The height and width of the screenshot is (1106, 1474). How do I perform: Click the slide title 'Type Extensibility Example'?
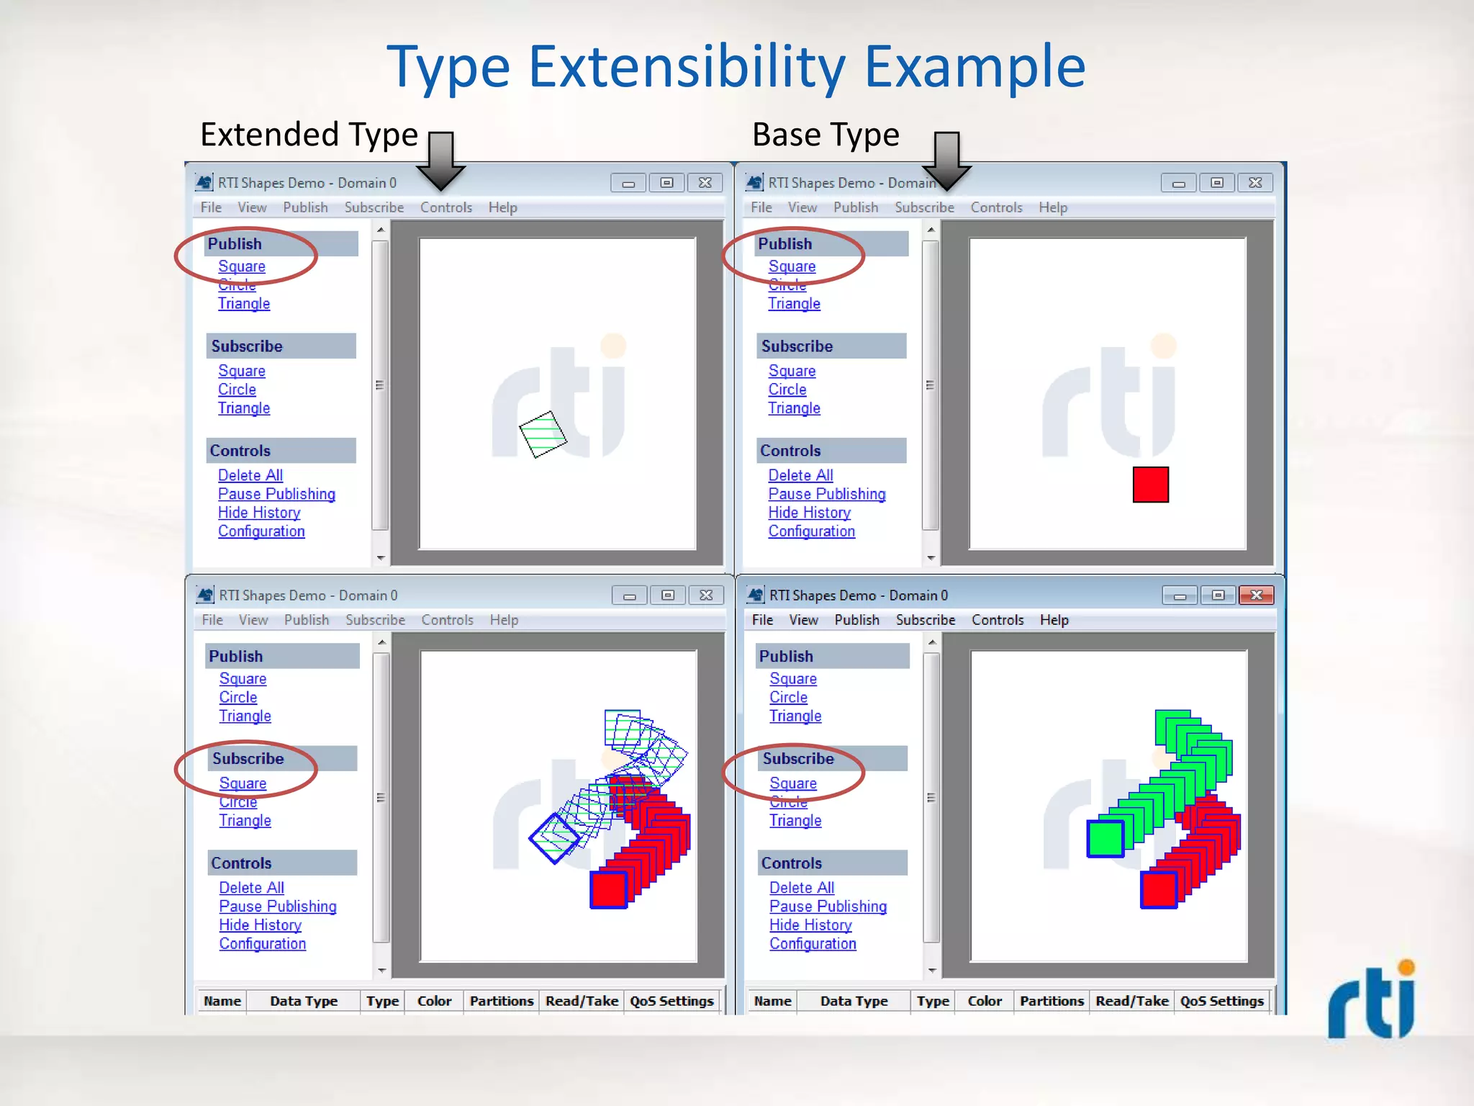[x=736, y=66]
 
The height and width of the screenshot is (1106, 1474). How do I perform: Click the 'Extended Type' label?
[x=309, y=135]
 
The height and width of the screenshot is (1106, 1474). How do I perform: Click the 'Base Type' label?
[x=826, y=135]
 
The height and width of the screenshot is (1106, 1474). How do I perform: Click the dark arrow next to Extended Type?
[x=440, y=160]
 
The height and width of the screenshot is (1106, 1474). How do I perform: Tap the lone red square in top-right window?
[x=1150, y=485]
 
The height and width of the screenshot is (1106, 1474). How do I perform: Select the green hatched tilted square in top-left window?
[x=543, y=434]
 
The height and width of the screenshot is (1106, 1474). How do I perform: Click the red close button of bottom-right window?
[x=1256, y=595]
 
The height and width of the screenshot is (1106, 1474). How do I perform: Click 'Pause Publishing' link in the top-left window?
[x=276, y=494]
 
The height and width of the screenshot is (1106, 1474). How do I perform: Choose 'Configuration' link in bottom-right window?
[x=813, y=943]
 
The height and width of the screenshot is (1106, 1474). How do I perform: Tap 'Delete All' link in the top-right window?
[x=800, y=475]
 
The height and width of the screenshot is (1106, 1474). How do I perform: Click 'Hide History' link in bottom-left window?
[x=260, y=925]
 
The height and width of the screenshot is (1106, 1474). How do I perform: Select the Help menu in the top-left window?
[x=502, y=207]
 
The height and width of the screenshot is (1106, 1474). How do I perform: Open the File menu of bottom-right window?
[x=762, y=620]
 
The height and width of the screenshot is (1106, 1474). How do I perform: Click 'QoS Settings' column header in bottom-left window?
[x=672, y=1001]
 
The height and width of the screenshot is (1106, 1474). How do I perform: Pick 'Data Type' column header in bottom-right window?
[x=854, y=1001]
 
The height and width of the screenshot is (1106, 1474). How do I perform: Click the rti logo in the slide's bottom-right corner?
[x=1372, y=1001]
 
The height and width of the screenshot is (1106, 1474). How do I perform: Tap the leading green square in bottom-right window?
[x=1105, y=839]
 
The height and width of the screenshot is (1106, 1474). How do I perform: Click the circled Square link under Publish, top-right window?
[x=792, y=266]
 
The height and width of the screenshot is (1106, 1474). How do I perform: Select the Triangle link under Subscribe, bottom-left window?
[x=245, y=821]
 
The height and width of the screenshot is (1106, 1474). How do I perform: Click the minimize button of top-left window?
[x=628, y=183]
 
